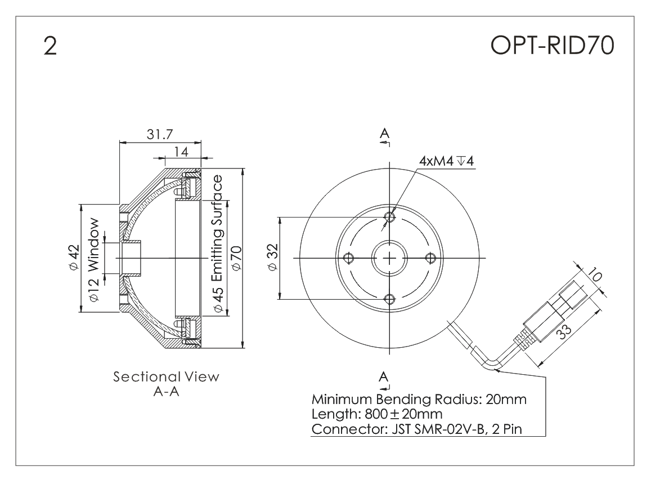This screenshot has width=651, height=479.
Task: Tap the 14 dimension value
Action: click(180, 152)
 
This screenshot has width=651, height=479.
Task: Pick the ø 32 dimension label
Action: click(273, 258)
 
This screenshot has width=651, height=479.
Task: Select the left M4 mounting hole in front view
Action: click(349, 258)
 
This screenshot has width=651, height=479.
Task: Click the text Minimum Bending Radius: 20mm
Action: click(419, 401)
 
